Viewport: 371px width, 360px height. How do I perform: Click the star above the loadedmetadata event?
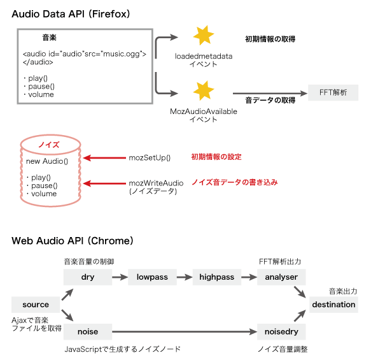[204, 36]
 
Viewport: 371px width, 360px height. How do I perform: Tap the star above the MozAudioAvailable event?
[204, 91]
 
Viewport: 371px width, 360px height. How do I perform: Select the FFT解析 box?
[333, 92]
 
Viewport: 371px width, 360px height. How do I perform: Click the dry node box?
[88, 277]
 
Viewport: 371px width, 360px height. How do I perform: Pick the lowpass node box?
[151, 277]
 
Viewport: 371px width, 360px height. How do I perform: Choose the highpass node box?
[217, 277]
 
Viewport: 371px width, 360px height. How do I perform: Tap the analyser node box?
[282, 277]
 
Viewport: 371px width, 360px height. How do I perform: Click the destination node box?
[333, 305]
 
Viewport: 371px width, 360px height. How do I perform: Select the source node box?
[36, 305]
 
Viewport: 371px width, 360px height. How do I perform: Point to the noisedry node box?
[282, 332]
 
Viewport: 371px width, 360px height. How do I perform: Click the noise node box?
[88, 332]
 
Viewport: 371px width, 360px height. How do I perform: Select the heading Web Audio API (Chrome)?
[73, 241]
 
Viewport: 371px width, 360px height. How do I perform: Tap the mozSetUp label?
[148, 157]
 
